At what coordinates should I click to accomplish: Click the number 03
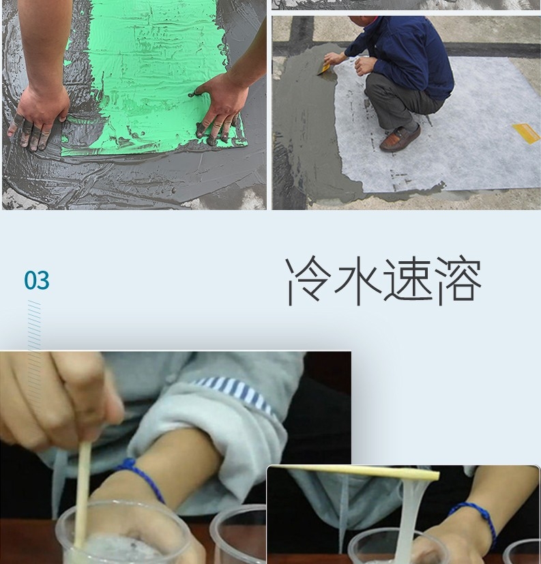point(37,280)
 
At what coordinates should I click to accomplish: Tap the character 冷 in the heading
point(308,280)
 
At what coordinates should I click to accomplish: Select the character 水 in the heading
point(358,280)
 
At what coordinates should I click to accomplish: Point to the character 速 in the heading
point(408,280)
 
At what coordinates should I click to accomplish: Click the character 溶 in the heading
point(458,280)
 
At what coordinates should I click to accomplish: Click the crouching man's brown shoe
point(400,138)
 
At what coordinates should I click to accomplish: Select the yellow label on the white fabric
point(527,133)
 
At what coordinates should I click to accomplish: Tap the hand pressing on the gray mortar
point(38,115)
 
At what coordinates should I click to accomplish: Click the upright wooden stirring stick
point(83,496)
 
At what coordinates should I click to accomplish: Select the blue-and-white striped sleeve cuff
point(235,394)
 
